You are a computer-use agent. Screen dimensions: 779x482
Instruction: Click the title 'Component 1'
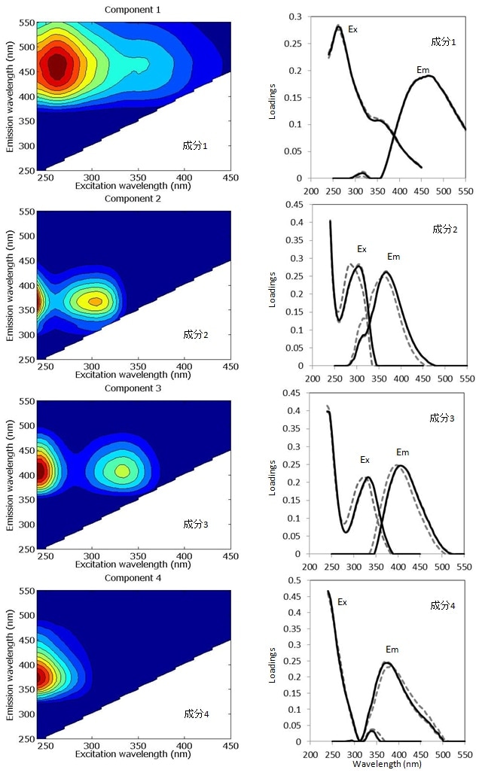click(133, 9)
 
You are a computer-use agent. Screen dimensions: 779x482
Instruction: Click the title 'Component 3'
click(133, 388)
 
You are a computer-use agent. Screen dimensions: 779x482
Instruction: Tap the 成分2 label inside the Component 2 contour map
click(197, 334)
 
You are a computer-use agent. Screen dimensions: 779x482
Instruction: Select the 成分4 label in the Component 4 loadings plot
click(443, 604)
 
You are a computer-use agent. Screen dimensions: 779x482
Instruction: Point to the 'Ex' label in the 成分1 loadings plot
click(352, 29)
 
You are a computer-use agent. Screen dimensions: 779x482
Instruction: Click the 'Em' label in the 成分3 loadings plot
click(402, 452)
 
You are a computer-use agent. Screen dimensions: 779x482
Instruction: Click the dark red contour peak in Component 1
click(56, 68)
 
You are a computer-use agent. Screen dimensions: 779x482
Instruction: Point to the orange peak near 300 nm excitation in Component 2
click(95, 301)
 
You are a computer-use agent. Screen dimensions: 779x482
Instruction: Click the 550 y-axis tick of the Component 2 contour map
click(26, 211)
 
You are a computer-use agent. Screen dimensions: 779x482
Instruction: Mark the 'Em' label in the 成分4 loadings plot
click(392, 650)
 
